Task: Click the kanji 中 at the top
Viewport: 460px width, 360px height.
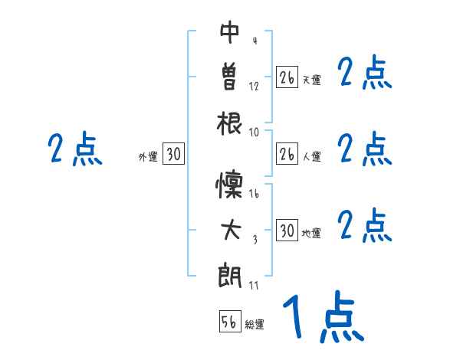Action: click(x=230, y=32)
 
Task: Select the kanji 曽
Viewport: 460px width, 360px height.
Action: click(x=230, y=77)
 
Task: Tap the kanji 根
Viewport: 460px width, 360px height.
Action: click(x=230, y=123)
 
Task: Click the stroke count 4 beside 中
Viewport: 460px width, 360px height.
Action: click(x=254, y=40)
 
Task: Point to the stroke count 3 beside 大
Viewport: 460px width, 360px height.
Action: click(x=254, y=240)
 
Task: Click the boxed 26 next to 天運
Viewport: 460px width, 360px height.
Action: click(x=287, y=77)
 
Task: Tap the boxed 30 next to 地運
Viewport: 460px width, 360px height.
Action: click(x=287, y=231)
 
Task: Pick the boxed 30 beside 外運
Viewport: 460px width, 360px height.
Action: click(x=173, y=155)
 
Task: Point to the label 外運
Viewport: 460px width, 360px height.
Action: click(x=148, y=157)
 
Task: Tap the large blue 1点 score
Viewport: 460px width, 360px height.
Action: click(x=322, y=317)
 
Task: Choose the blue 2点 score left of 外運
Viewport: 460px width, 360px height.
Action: click(x=74, y=149)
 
